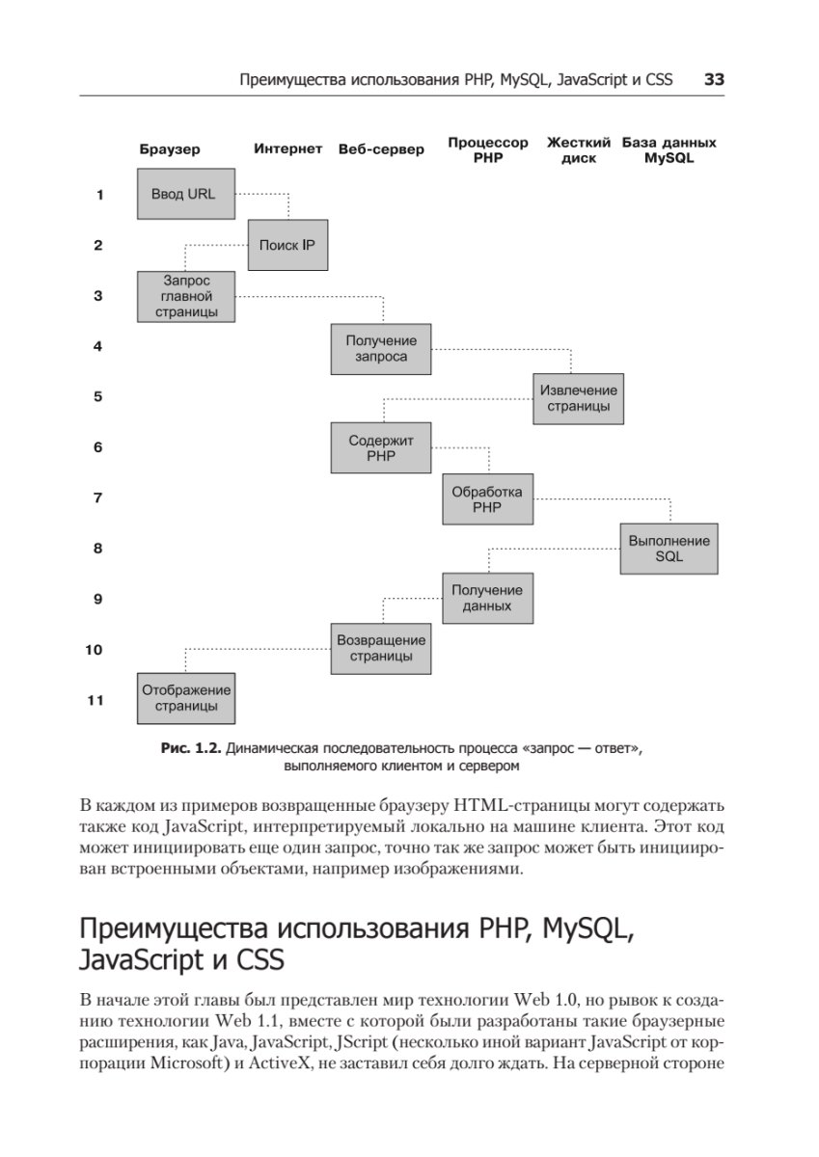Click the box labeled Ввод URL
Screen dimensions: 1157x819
pyautogui.click(x=183, y=194)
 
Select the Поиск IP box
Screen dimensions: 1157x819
pyautogui.click(x=287, y=245)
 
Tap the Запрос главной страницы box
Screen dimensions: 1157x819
pyautogui.click(x=187, y=296)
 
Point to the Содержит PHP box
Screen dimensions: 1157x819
pyautogui.click(x=380, y=448)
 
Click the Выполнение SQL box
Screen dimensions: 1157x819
pyautogui.click(x=669, y=549)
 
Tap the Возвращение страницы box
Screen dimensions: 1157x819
pyautogui.click(x=381, y=648)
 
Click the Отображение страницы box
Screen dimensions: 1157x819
pyautogui.click(x=187, y=698)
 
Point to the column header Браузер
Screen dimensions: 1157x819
pyautogui.click(x=169, y=149)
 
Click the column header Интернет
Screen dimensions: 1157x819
pyautogui.click(x=287, y=148)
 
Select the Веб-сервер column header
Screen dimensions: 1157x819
pyautogui.click(x=381, y=149)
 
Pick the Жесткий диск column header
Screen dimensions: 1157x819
pyautogui.click(x=579, y=149)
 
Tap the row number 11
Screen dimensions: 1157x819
pyautogui.click(x=95, y=701)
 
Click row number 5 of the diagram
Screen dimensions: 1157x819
pyautogui.click(x=98, y=396)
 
